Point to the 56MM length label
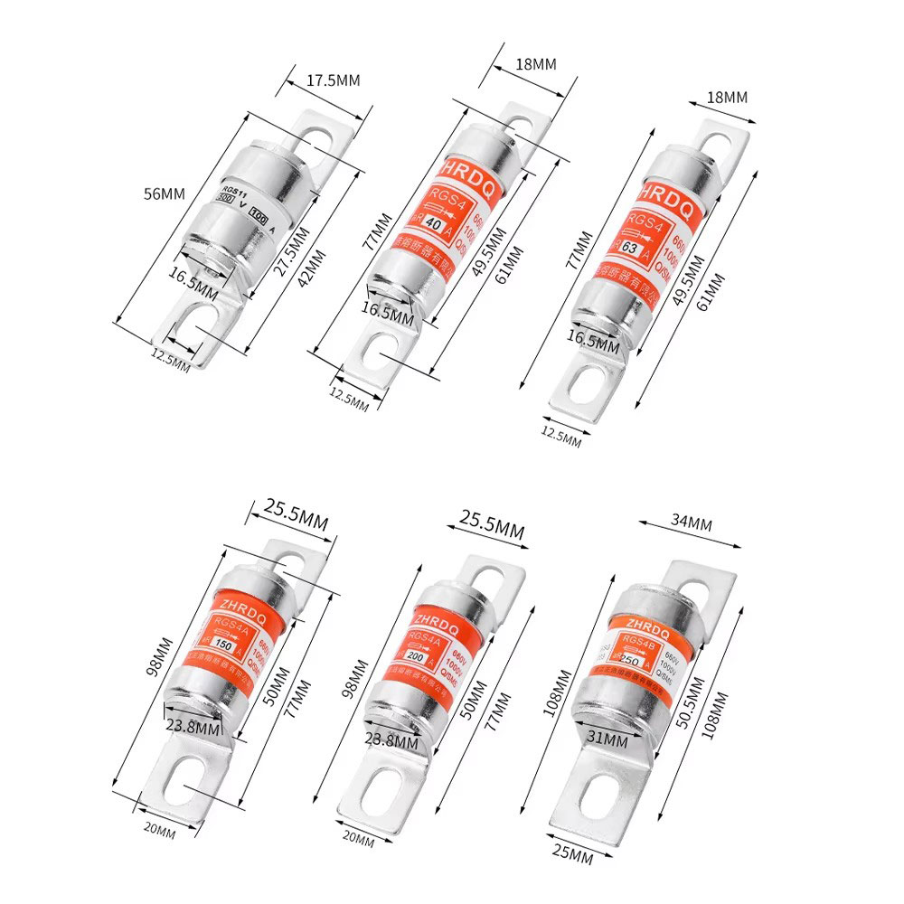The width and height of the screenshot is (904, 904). coord(165,193)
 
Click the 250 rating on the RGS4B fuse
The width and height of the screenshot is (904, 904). coord(630,659)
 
